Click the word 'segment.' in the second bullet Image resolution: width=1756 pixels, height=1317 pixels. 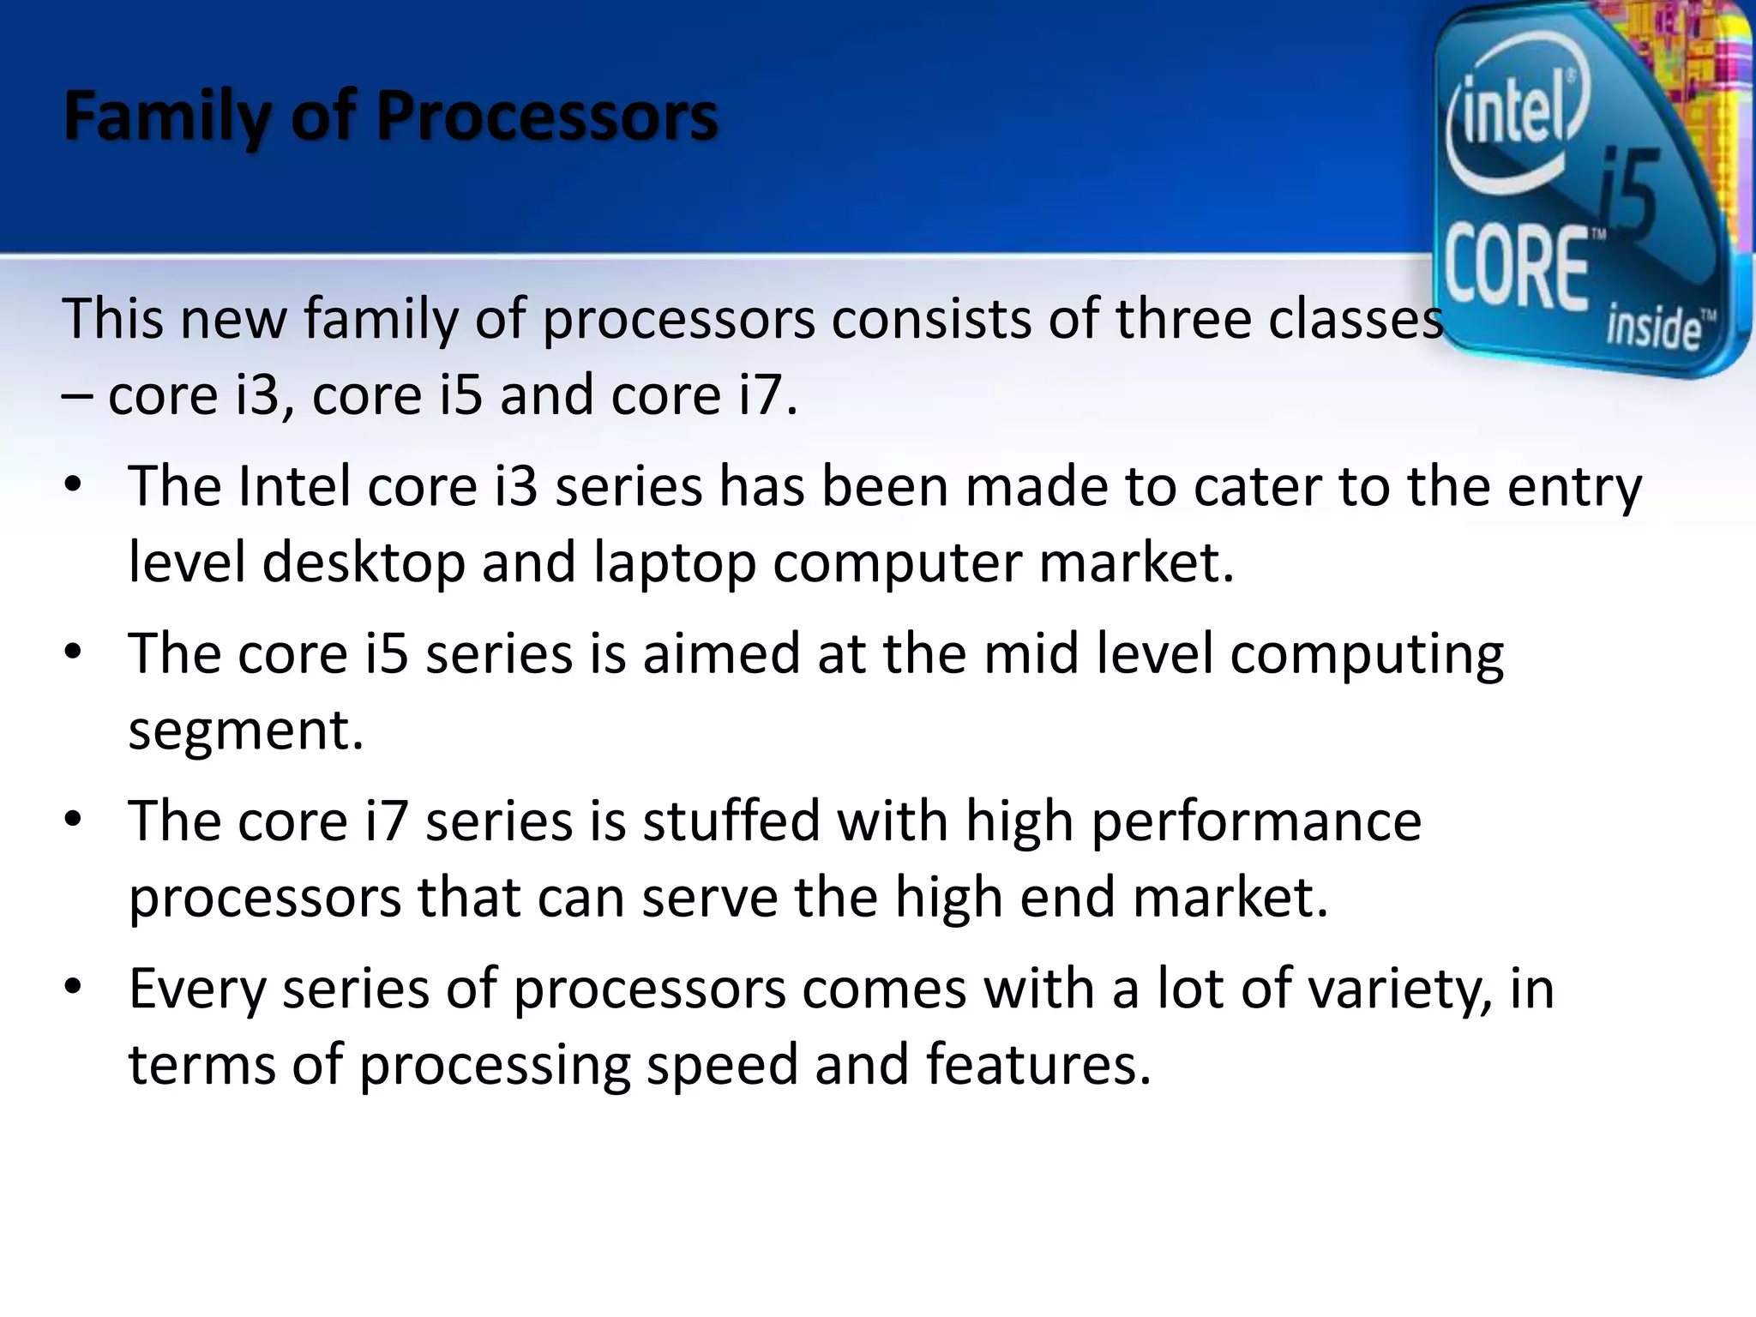pos(246,731)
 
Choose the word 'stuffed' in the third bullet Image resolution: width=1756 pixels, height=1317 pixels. pos(731,821)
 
